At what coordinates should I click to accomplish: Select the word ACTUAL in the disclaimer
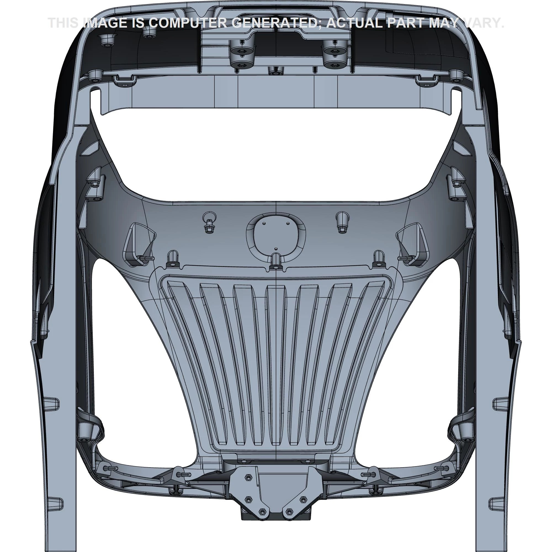coord(355,23)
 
